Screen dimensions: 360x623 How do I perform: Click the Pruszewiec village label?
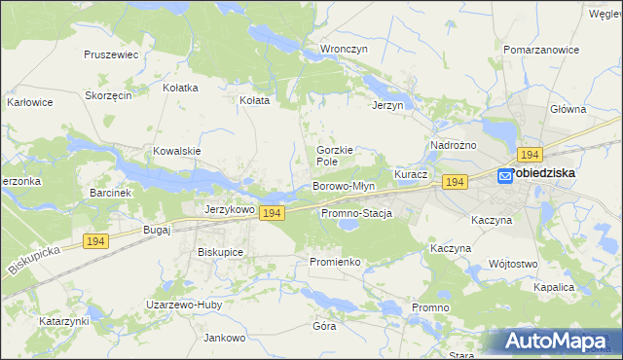point(111,55)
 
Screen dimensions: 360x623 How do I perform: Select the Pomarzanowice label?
point(534,48)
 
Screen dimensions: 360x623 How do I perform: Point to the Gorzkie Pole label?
point(334,156)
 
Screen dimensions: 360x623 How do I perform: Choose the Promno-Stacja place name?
point(355,213)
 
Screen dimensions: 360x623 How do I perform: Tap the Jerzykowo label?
point(230,209)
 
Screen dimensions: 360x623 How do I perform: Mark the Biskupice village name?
point(220,252)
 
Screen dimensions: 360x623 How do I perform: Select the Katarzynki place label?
point(64,320)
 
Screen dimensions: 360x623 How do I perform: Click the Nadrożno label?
point(453,145)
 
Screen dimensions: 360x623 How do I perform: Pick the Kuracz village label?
point(411,173)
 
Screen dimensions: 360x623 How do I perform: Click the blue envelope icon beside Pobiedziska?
point(505,175)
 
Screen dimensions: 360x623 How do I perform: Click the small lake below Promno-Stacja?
point(348,227)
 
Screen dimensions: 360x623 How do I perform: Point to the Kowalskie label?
point(176,151)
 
